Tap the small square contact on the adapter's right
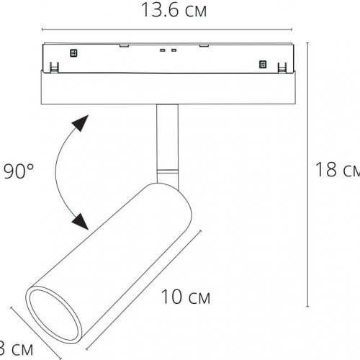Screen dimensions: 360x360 (x=261, y=65)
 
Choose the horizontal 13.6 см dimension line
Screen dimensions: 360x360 (x=168, y=30)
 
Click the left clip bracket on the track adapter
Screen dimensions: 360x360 (x=54, y=68)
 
